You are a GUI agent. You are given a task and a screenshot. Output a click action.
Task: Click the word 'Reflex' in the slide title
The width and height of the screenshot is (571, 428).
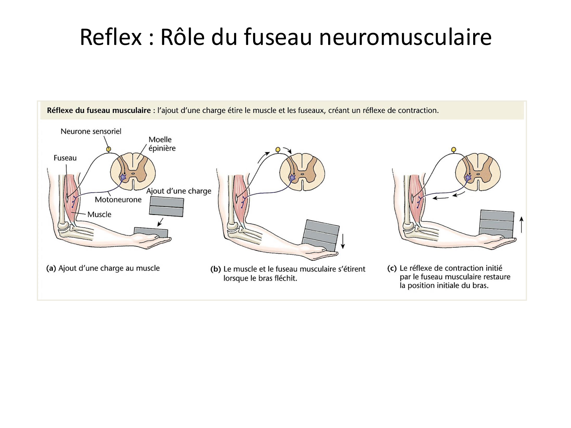pyautogui.click(x=110, y=37)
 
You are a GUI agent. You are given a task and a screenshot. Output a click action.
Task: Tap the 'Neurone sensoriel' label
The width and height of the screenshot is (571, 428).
pyautogui.click(x=91, y=131)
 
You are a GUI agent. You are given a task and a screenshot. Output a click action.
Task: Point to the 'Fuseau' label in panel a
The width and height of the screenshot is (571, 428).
pyautogui.click(x=65, y=158)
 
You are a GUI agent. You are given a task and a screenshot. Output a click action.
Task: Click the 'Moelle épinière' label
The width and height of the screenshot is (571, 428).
pyautogui.click(x=161, y=144)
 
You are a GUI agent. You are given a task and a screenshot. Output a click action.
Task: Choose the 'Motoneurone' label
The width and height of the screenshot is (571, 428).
pyautogui.click(x=118, y=200)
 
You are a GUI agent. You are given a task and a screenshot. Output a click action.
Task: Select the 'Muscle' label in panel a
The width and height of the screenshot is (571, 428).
pyautogui.click(x=99, y=214)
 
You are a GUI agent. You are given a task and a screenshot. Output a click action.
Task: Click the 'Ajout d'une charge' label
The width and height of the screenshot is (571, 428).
pyautogui.click(x=179, y=191)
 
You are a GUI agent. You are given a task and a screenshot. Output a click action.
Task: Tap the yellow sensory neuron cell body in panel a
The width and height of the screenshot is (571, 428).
pyautogui.click(x=108, y=149)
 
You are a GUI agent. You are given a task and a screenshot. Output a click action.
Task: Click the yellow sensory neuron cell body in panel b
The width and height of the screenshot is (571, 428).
pyautogui.click(x=278, y=150)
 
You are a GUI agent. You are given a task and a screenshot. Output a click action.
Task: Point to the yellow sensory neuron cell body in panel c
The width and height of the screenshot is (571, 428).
pyautogui.click(x=453, y=150)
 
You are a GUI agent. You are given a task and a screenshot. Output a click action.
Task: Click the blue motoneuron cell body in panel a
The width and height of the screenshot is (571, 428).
pyautogui.click(x=123, y=177)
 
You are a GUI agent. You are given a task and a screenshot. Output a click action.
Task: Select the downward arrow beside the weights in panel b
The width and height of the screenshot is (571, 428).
pyautogui.click(x=343, y=241)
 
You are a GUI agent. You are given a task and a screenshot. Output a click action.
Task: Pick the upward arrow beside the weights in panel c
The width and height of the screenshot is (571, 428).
pyautogui.click(x=522, y=224)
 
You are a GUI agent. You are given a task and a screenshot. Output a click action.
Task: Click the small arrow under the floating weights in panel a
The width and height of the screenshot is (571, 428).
pyautogui.click(x=160, y=222)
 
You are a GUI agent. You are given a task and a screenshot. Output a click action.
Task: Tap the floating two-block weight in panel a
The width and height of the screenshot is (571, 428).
pyautogui.click(x=167, y=207)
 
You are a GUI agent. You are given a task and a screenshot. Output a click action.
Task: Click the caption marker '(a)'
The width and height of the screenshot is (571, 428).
pyautogui.click(x=51, y=268)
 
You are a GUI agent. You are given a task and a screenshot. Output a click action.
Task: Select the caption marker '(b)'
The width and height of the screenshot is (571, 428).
pyautogui.click(x=215, y=269)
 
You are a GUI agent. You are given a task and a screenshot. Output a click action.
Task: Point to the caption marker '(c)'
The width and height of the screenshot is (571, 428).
pyautogui.click(x=392, y=268)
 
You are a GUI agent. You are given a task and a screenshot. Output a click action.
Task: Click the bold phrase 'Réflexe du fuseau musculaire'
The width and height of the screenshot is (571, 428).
pyautogui.click(x=99, y=110)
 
